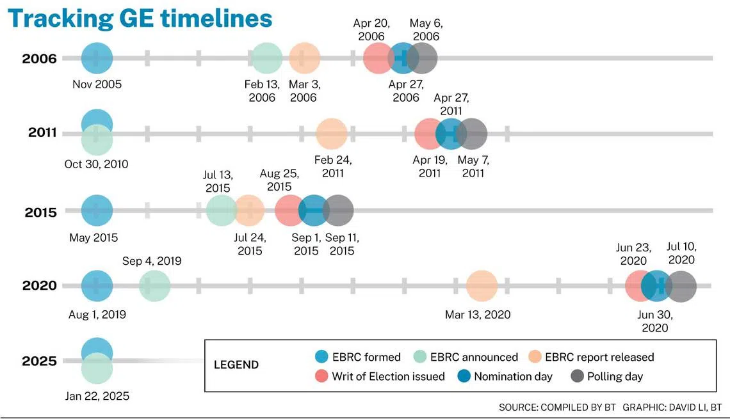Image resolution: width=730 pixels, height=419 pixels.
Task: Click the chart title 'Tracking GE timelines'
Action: coord(140,19)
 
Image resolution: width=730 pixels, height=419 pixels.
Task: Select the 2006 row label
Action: coord(39,59)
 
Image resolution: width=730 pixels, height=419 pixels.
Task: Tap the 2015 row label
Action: coord(40,212)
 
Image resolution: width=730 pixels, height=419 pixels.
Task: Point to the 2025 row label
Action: coord(39,361)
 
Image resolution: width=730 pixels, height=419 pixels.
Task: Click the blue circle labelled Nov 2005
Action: coord(97,58)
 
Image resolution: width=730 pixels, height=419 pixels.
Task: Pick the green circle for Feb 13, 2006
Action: coord(267,58)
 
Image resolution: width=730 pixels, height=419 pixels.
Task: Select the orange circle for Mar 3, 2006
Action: coord(304,58)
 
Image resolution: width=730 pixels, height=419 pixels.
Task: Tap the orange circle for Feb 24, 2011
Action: coord(332,134)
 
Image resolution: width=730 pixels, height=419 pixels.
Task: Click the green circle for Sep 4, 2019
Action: coord(154,286)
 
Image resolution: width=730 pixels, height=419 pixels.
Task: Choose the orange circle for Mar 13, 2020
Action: coord(482,286)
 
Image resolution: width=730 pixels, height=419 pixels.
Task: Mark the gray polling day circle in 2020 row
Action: coord(681,286)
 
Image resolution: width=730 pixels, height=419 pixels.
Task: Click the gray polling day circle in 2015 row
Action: coord(338,210)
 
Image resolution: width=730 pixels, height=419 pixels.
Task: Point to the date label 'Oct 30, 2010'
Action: coord(96,164)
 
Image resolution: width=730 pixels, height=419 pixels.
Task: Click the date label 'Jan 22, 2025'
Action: coord(97,396)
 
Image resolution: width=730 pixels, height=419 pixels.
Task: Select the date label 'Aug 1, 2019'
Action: coord(97,314)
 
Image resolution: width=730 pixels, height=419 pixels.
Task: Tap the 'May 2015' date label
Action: coord(93,237)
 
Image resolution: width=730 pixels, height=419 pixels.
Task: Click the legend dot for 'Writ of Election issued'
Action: coord(321,376)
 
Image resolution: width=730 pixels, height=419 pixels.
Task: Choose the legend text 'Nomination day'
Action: coord(513,376)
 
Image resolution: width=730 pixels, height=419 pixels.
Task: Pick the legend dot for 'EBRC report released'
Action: coord(535,357)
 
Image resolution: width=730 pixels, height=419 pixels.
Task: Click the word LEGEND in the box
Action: coord(236,365)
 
